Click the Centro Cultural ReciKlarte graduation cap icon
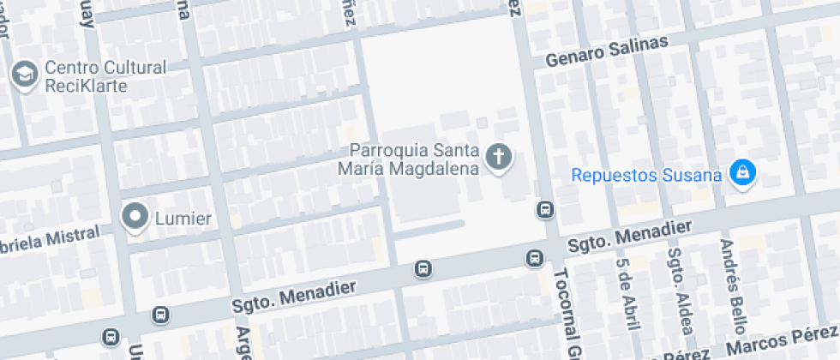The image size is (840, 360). (24, 75)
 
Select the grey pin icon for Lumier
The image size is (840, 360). (135, 218)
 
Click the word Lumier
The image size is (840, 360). (183, 219)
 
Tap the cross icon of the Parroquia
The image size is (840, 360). (499, 158)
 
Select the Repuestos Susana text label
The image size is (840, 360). (646, 177)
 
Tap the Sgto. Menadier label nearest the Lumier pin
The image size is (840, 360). (293, 297)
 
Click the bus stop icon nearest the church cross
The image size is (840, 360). (543, 209)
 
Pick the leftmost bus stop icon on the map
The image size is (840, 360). (111, 337)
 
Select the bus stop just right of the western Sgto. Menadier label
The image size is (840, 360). (423, 269)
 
